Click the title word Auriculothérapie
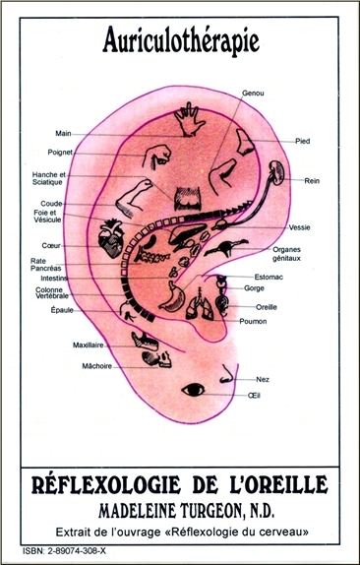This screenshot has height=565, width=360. click(x=180, y=40)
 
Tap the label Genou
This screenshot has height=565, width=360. click(x=253, y=93)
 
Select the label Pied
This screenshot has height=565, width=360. click(x=303, y=141)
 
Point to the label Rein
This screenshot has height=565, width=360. click(x=312, y=181)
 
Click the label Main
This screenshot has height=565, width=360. click(x=64, y=133)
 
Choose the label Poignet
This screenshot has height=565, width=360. click(x=61, y=153)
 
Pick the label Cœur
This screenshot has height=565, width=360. click(x=51, y=245)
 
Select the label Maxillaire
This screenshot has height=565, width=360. click(x=61, y=345)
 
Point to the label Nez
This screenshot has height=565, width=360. click(x=261, y=377)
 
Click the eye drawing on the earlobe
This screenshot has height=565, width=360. click(x=193, y=390)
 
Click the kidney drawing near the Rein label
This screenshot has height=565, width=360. click(x=279, y=176)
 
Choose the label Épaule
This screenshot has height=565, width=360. click(x=62, y=309)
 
